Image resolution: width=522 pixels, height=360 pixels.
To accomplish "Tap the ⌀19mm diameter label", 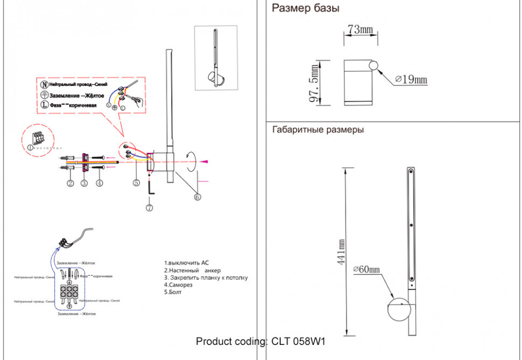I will [411, 80].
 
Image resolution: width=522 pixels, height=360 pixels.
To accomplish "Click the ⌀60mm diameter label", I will [366, 269].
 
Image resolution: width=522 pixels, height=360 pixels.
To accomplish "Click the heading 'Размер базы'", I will [305, 8].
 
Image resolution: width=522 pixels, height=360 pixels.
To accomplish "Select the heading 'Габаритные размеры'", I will [318, 130].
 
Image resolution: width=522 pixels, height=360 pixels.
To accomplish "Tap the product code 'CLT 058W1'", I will [299, 341].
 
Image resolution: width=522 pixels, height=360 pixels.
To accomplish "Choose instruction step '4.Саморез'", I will [175, 285].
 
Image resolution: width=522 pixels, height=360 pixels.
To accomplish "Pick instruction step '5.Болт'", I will [173, 293].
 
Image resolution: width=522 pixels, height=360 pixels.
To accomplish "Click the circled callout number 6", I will [197, 197].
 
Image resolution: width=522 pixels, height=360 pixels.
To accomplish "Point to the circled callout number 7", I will [149, 207].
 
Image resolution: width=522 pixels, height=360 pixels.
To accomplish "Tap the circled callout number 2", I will [70, 183].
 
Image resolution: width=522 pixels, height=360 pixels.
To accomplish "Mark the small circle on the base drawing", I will [373, 66].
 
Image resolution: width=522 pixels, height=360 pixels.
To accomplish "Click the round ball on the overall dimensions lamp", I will [399, 310].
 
